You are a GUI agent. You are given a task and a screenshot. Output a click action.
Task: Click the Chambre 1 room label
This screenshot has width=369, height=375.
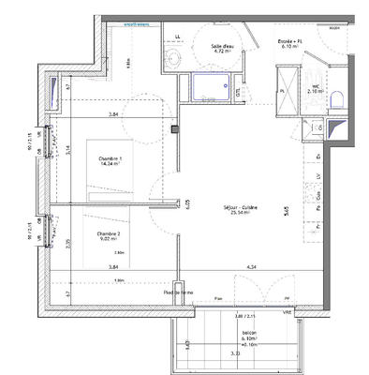click(x=111, y=162)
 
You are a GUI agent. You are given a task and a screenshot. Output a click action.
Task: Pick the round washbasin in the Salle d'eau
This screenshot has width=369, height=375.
click(x=172, y=60)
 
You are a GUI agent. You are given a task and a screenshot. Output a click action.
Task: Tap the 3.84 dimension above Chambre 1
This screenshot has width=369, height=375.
click(x=113, y=114)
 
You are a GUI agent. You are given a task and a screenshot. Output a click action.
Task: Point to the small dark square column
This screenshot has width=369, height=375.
click(x=174, y=128)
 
